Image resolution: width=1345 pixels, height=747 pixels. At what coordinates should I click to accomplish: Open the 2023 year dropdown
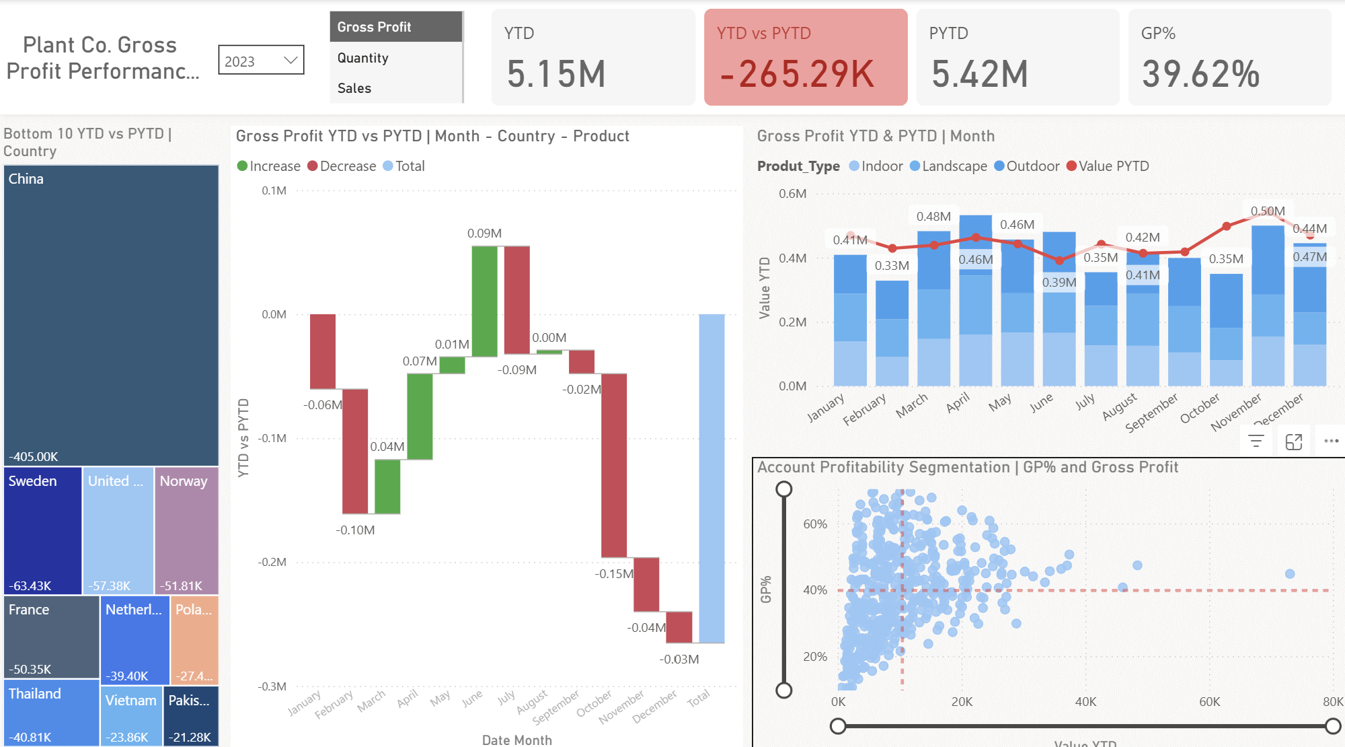pyautogui.click(x=261, y=61)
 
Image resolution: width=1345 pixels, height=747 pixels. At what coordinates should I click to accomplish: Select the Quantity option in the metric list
pyautogui.click(x=363, y=58)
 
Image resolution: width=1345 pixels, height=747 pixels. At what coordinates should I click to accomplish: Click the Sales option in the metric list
pyautogui.click(x=354, y=88)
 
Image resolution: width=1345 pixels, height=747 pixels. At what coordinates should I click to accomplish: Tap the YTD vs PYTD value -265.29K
pyautogui.click(x=797, y=74)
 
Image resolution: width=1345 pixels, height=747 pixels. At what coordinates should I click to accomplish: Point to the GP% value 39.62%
pyautogui.click(x=1200, y=74)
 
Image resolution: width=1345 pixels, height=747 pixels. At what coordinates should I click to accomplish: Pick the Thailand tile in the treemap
pyautogui.click(x=51, y=712)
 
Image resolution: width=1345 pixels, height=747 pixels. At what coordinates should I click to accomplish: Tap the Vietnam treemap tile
pyautogui.click(x=131, y=715)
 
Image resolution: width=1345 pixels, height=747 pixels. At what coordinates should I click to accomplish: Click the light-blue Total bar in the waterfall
pyautogui.click(x=712, y=478)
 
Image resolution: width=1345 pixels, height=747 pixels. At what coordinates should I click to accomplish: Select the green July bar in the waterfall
pyautogui.click(x=484, y=301)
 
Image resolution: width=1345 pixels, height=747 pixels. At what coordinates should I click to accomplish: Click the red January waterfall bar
pyautogui.click(x=323, y=351)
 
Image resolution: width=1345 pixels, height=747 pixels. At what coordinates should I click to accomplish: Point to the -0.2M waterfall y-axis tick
pyautogui.click(x=272, y=562)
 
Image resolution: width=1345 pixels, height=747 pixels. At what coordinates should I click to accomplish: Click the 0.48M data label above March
pyautogui.click(x=933, y=217)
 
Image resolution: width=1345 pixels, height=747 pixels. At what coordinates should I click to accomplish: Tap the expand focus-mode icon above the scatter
pyautogui.click(x=1294, y=441)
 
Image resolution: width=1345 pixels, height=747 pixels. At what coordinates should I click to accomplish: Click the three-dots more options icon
pyautogui.click(x=1331, y=441)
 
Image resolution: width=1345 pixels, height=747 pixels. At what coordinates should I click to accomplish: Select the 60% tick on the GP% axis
pyautogui.click(x=815, y=524)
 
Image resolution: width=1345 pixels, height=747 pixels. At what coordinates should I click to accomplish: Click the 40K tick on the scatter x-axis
pyautogui.click(x=1085, y=702)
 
